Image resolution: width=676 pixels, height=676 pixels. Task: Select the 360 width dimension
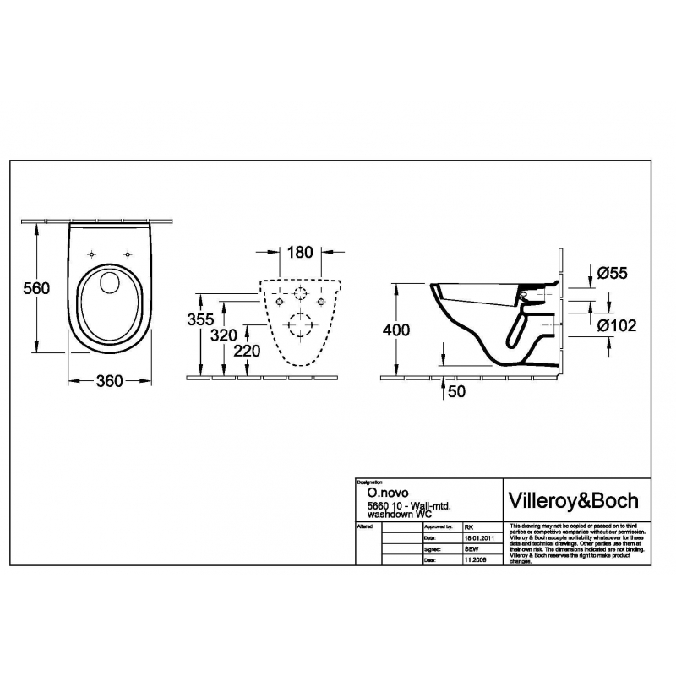click(x=110, y=381)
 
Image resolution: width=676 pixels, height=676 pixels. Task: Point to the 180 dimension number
click(x=300, y=252)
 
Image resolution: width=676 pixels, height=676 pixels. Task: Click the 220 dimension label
click(x=248, y=351)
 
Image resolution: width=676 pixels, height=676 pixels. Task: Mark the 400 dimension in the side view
click(x=396, y=330)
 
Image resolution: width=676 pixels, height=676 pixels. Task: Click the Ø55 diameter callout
click(x=613, y=273)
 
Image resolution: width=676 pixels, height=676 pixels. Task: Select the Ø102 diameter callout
click(x=617, y=325)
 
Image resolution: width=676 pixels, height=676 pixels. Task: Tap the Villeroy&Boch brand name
click(x=571, y=499)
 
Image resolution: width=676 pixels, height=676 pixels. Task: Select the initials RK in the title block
click(x=470, y=526)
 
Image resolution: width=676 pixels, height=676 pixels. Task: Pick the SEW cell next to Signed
click(x=472, y=548)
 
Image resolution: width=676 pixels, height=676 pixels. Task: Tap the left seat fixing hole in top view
click(x=90, y=252)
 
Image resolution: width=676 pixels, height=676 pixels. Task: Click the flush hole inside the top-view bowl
click(x=109, y=284)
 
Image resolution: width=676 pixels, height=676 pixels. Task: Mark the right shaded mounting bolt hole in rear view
click(x=321, y=302)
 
